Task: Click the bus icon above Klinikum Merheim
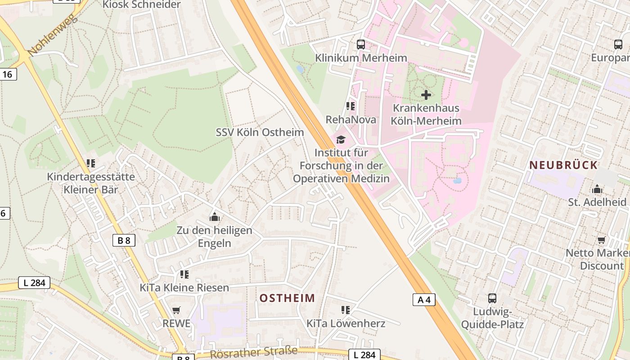pos(361,45)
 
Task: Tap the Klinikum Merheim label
pos(361,58)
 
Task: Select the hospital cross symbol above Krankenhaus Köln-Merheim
pos(426,95)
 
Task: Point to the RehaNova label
pos(351,120)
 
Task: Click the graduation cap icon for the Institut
pos(341,139)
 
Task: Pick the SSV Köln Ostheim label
pos(260,132)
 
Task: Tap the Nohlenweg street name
pos(53,36)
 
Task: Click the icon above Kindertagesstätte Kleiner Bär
pos(91,163)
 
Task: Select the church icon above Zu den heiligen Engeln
pos(215,217)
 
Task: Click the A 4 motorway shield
pos(424,300)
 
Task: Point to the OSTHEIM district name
pos(287,298)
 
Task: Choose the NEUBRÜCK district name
pos(563,165)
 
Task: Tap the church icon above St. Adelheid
pos(597,189)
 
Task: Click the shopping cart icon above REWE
pos(176,310)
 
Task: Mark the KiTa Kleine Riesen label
pos(184,288)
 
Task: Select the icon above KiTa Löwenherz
pos(346,310)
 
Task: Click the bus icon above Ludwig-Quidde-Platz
pos(492,298)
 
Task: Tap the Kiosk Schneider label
pos(141,5)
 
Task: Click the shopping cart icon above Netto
pos(601,240)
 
